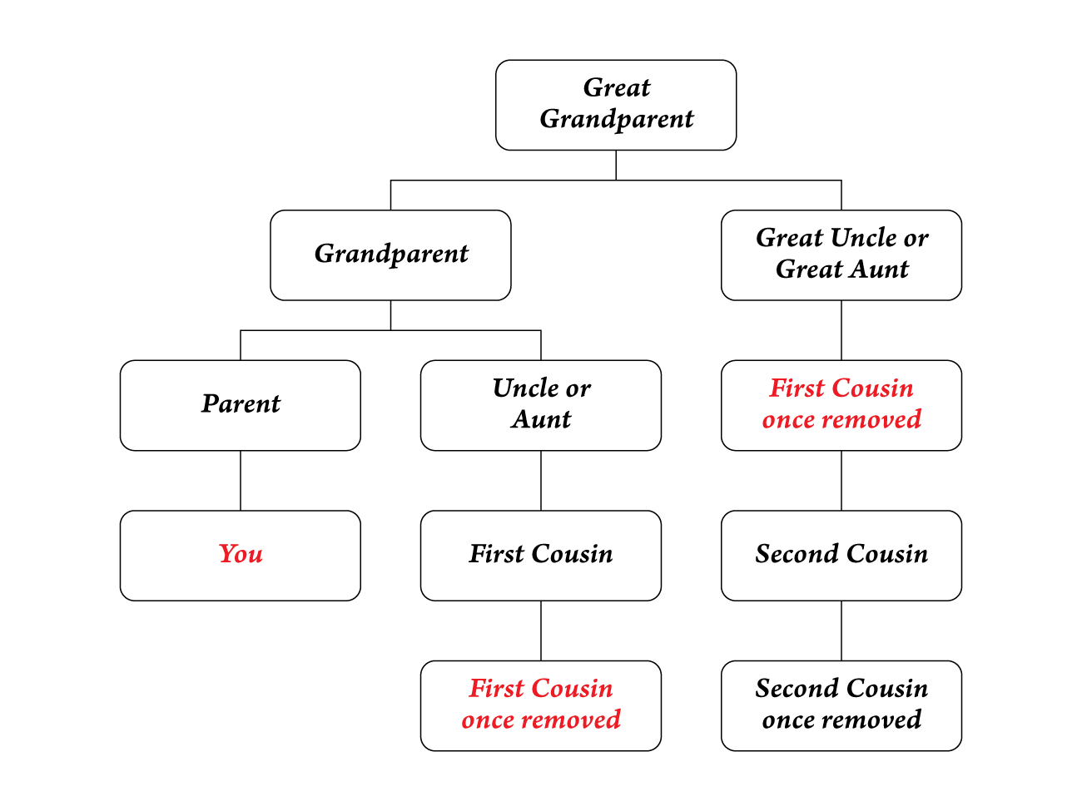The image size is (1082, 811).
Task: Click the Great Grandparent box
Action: pos(616,105)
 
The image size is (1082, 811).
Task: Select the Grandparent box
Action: pos(390,255)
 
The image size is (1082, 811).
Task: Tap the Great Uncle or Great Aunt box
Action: pos(841,255)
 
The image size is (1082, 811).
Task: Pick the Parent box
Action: pos(241,405)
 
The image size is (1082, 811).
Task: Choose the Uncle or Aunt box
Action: pos(541,405)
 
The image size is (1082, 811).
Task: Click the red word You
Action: pos(241,554)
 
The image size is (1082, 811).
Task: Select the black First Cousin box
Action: pos(541,555)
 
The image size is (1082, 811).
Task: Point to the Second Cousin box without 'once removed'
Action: pos(841,555)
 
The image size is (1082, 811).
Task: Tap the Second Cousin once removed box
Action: pos(841,705)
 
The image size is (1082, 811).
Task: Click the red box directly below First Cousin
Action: pos(541,705)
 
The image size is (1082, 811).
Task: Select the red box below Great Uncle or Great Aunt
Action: pos(841,405)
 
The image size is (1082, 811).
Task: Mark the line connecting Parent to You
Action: pos(241,481)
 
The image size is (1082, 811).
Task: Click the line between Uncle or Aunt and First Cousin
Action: pos(541,481)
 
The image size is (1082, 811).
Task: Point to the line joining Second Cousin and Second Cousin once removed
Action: pos(841,631)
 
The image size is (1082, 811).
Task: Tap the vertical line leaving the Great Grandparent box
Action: pos(616,165)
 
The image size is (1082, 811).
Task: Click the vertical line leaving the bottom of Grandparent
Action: pos(390,315)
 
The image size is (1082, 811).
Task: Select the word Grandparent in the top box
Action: pos(616,120)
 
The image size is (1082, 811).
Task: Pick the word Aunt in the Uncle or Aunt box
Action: pos(541,419)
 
